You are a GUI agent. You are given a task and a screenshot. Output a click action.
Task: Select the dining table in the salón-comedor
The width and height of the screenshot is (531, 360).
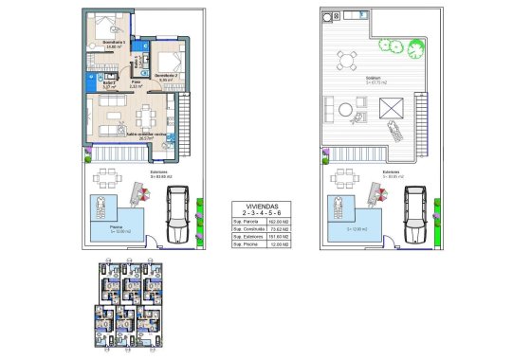[146, 117]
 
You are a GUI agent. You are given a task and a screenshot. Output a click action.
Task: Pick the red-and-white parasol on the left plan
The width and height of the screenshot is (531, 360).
[140, 193]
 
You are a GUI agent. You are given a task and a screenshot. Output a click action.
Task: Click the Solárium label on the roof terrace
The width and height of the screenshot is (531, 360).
[374, 80]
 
